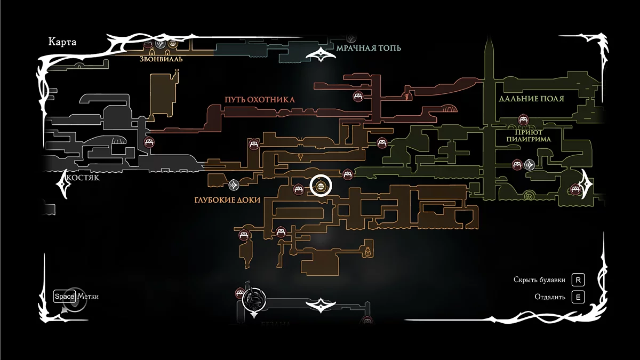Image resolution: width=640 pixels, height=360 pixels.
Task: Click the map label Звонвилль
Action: pyautogui.click(x=161, y=59)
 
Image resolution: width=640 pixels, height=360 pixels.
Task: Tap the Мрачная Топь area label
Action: pyautogui.click(x=369, y=48)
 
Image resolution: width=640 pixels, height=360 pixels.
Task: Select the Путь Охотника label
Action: pyautogui.click(x=259, y=100)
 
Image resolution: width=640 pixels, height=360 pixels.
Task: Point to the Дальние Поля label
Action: pyautogui.click(x=531, y=99)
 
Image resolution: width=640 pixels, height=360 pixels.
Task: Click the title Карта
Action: pyautogui.click(x=62, y=42)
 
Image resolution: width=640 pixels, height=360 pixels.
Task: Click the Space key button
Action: pyautogui.click(x=65, y=297)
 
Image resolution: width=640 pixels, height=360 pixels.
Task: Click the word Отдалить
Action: pyautogui.click(x=550, y=297)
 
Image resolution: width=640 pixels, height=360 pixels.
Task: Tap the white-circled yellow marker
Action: pyautogui.click(x=321, y=186)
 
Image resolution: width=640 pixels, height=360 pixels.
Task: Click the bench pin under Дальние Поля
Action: pyautogui.click(x=523, y=120)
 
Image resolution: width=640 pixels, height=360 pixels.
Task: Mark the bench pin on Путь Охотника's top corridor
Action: pyautogui.click(x=358, y=96)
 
